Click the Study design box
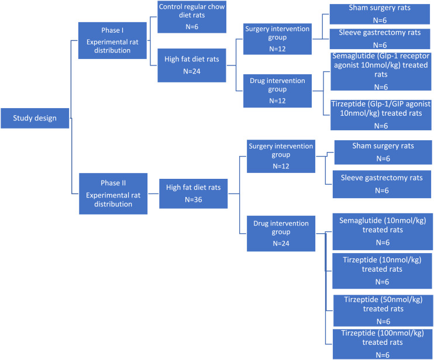(x=35, y=118)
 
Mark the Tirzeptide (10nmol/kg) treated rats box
(x=383, y=269)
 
